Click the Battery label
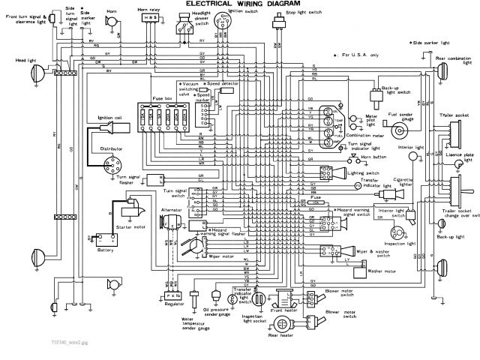click(106, 250)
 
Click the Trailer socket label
click(454, 115)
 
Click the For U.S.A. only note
click(361, 54)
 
